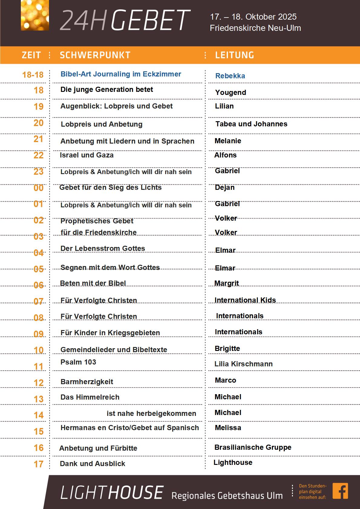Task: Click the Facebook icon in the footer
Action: pyautogui.click(x=340, y=491)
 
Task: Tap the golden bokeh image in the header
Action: pyautogui.click(x=35, y=15)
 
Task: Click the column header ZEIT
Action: pyautogui.click(x=31, y=55)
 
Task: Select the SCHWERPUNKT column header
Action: pyautogui.click(x=95, y=55)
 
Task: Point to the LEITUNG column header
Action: pyautogui.click(x=235, y=55)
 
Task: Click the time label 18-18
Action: pyautogui.click(x=33, y=75)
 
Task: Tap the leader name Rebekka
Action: pyautogui.click(x=230, y=76)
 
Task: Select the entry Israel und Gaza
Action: pyautogui.click(x=87, y=155)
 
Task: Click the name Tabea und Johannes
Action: pyautogui.click(x=251, y=124)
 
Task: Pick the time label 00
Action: pyautogui.click(x=38, y=188)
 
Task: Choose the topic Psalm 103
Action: pyautogui.click(x=78, y=362)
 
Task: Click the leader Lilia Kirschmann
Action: pyautogui.click(x=243, y=364)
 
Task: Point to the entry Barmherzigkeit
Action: pyautogui.click(x=87, y=382)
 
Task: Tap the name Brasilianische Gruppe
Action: pyautogui.click(x=253, y=447)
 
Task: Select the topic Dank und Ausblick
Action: pyautogui.click(x=92, y=464)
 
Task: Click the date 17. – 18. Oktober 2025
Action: pyautogui.click(x=253, y=17)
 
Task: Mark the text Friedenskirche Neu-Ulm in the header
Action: pyautogui.click(x=255, y=28)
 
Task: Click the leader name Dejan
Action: pyautogui.click(x=225, y=187)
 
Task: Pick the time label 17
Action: pyautogui.click(x=38, y=464)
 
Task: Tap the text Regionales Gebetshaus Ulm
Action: pyautogui.click(x=227, y=496)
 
